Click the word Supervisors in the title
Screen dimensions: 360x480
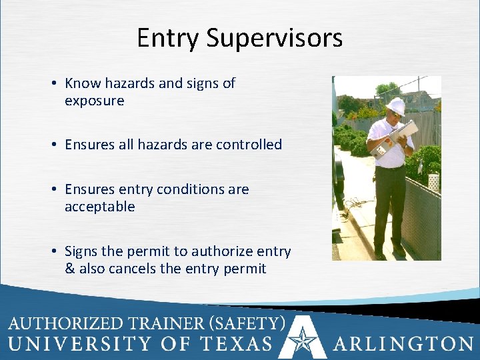275,38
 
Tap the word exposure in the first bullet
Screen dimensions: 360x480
94,101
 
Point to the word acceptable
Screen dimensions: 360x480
99,207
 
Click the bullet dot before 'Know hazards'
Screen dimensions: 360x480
52,84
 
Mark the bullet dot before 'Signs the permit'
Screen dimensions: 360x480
52,252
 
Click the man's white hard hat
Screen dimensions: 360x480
396,105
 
